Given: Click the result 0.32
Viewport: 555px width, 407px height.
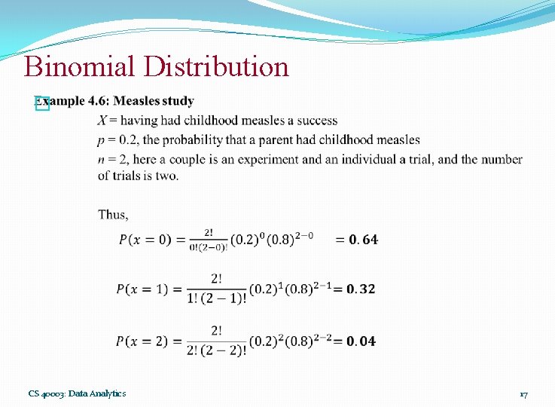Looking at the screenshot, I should pos(361,289).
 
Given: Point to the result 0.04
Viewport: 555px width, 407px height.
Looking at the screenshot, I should pos(361,341).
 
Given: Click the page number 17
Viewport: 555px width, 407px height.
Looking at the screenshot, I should pos(523,393).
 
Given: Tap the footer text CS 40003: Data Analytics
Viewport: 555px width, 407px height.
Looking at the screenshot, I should pos(77,393).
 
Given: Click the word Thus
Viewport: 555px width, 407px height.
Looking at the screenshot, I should pos(113,215).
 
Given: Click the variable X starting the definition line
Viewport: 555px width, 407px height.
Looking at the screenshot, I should pos(102,121).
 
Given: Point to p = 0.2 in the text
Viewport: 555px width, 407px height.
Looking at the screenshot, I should pos(117,140).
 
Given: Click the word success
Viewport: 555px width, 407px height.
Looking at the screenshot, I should pos(317,121).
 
